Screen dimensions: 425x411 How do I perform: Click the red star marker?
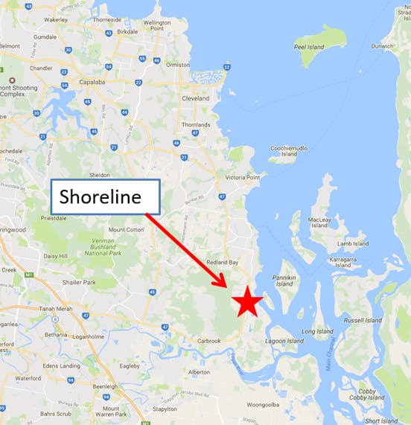tap(246, 302)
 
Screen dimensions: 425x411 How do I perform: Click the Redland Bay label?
tap(223, 263)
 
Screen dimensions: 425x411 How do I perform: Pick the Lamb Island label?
tap(352, 243)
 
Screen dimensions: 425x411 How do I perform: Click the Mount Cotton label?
tap(126, 229)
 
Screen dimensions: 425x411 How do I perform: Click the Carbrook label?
tap(208, 341)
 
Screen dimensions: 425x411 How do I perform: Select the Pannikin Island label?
tap(285, 281)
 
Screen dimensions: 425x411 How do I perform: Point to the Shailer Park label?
tap(79, 282)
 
